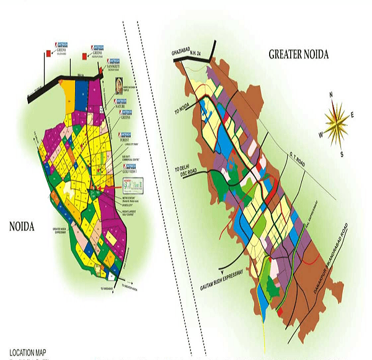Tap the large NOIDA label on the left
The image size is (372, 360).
pos(21,227)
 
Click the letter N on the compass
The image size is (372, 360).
pos(332,94)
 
